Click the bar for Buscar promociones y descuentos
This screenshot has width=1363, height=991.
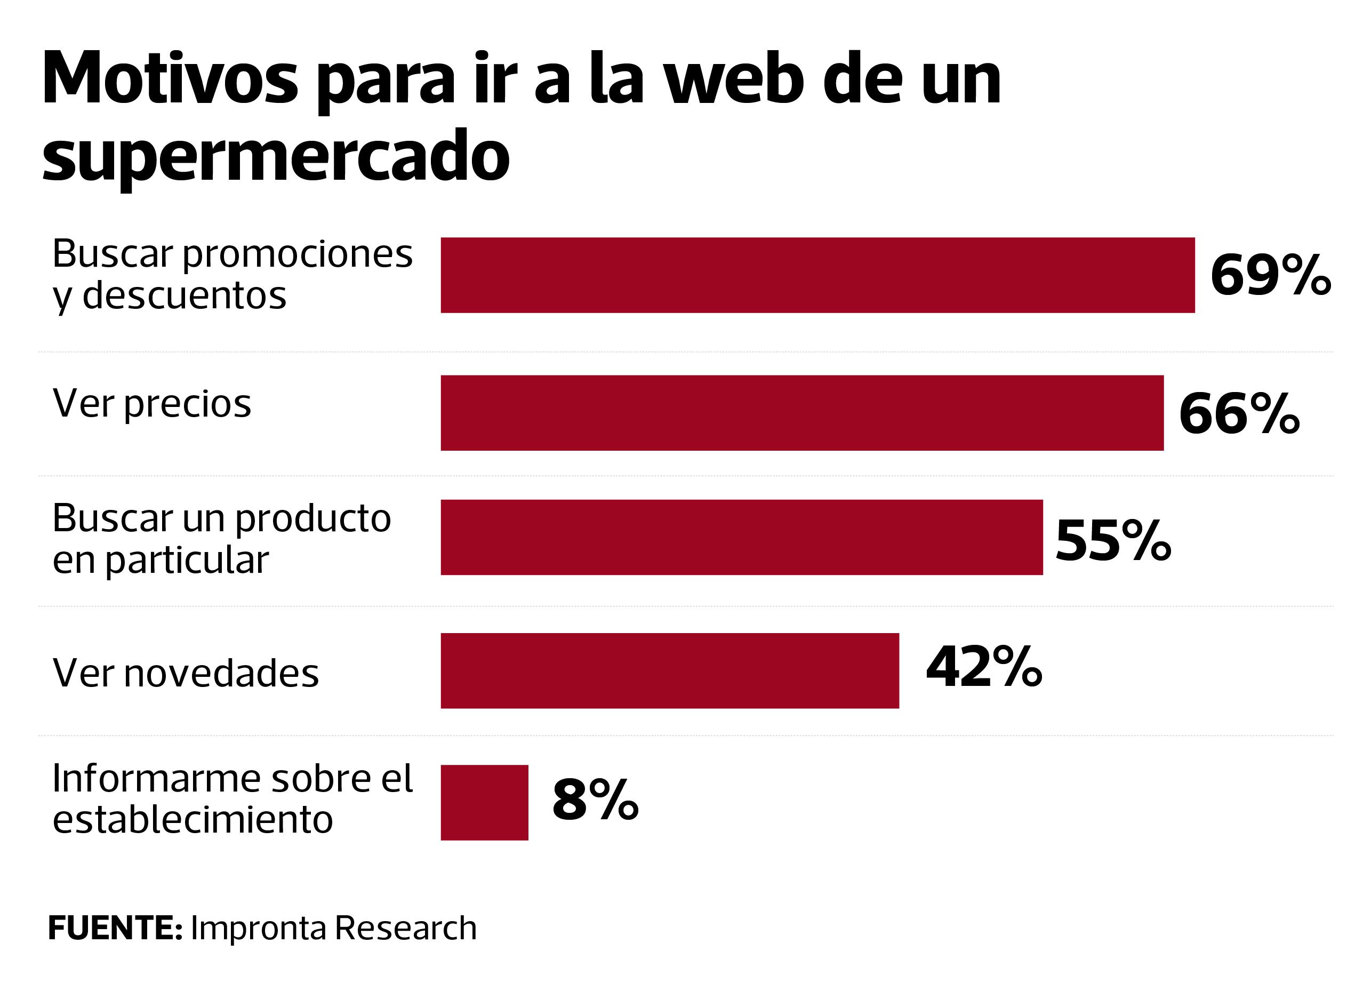[817, 275]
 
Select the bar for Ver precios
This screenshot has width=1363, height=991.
[801, 413]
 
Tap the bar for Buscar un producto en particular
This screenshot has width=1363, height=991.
[742, 537]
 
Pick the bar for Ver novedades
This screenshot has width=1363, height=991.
[669, 670]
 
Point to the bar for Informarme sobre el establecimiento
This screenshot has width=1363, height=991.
[484, 802]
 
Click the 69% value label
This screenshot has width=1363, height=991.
[1270, 275]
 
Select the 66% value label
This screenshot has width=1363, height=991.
[1239, 413]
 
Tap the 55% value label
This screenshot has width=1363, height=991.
[1113, 541]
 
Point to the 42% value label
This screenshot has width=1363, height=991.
[984, 667]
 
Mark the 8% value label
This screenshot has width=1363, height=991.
[595, 800]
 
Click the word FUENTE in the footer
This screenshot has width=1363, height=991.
[114, 928]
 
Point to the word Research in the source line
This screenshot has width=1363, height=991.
[406, 928]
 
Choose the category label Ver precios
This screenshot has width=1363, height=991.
[151, 403]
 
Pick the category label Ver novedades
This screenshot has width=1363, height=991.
[186, 673]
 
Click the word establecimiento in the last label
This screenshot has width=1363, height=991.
[193, 819]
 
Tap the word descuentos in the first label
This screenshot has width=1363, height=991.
[184, 295]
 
